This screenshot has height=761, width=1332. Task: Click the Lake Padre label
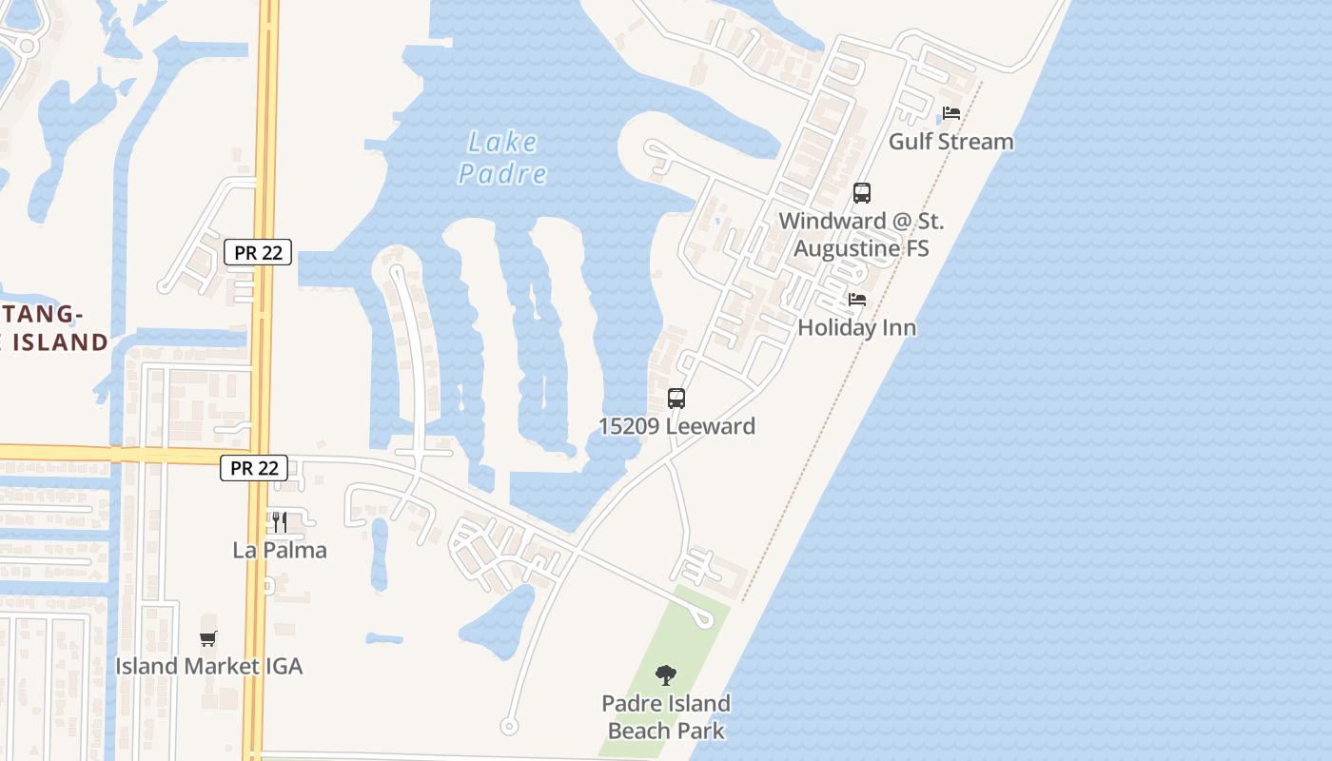[x=502, y=158]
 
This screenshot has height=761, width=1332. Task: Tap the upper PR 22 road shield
[x=258, y=252]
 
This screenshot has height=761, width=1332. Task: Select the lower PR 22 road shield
[x=254, y=468]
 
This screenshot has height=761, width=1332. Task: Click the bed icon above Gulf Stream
[x=950, y=113]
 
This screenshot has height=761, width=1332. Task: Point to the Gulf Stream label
[x=950, y=142]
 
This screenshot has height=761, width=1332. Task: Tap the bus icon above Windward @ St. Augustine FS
[x=861, y=193]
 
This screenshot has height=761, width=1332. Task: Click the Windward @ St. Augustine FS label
[x=861, y=235]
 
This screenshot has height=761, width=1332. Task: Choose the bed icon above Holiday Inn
[x=856, y=300]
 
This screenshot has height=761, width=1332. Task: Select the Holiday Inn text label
[x=856, y=328]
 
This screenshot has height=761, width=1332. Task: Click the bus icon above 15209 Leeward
[x=676, y=399]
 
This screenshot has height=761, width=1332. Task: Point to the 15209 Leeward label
[x=676, y=426]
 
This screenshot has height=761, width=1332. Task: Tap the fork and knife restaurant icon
[x=280, y=522]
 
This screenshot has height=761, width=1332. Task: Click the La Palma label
[x=280, y=550]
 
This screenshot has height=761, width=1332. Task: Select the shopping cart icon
[x=208, y=638]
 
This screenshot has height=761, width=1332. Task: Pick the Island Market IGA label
[x=208, y=666]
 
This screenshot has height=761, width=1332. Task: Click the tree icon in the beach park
[x=666, y=675]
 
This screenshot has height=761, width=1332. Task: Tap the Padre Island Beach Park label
[x=666, y=717]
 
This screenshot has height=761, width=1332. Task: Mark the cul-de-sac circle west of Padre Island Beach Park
[x=509, y=727]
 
